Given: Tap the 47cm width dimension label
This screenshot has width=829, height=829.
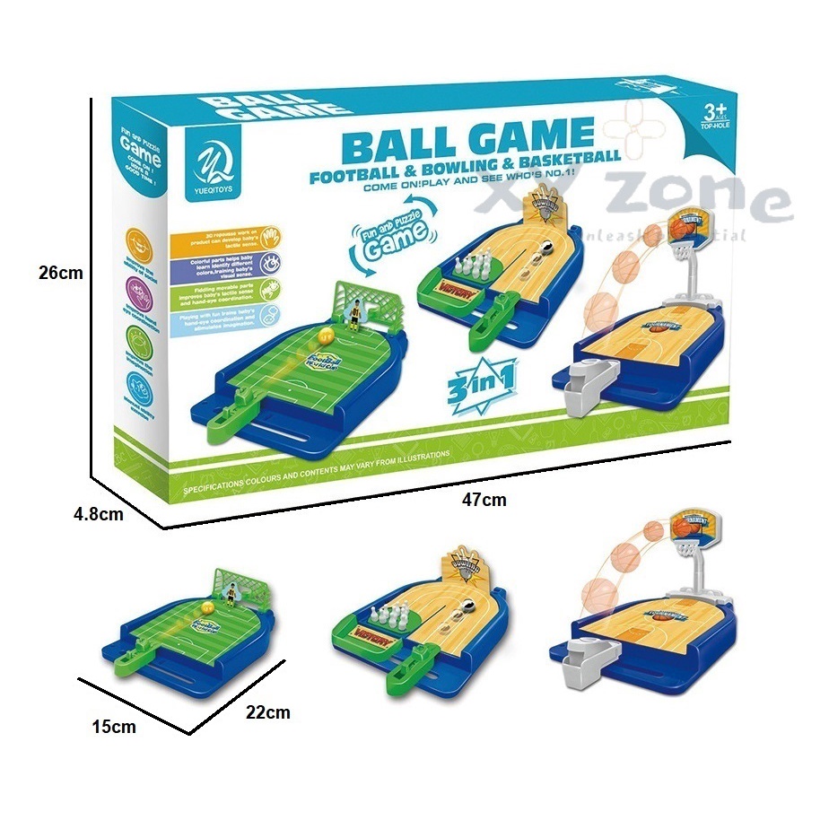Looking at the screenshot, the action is point(485,500).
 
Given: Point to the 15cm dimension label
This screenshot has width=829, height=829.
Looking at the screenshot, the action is point(116,727).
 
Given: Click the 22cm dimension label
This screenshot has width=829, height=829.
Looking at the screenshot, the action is point(269,712).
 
